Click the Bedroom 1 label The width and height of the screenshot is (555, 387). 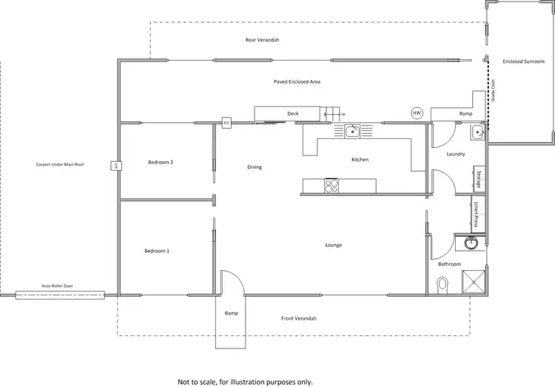pos(157,252)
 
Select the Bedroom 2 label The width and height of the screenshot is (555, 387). pos(161,161)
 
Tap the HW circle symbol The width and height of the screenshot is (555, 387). pos(417,113)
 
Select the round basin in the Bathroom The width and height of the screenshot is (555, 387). pos(471,243)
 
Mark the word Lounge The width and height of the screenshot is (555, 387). pos(333,245)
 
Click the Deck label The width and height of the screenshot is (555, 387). pos(293,113)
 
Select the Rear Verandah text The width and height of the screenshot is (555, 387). pos(262,39)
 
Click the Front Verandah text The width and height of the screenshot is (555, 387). pos(298,318)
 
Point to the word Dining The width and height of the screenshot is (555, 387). pos(255,167)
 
